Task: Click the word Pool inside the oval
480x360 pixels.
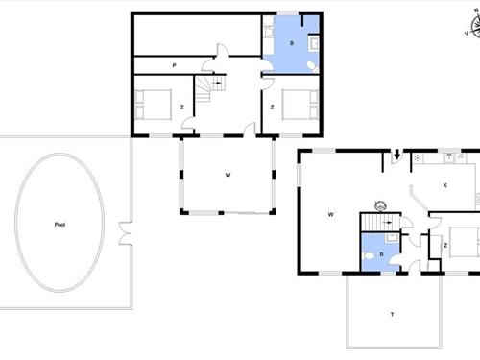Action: point(60,225)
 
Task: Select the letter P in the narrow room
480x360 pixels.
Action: point(174,65)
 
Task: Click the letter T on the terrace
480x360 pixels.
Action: point(392,315)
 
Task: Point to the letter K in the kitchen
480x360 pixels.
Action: point(444,185)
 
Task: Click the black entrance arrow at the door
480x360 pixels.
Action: point(396,155)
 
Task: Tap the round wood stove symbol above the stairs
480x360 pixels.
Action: point(380,205)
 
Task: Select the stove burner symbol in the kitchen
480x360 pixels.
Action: point(418,157)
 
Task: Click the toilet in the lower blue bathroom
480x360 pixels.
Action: point(369,256)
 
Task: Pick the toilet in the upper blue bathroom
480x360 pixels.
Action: point(312,66)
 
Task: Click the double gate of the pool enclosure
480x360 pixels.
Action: point(126,233)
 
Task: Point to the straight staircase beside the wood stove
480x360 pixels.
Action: point(380,222)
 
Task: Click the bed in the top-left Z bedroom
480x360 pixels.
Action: point(154,105)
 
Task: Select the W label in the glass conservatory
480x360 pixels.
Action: point(228,175)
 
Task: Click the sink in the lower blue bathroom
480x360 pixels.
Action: point(392,238)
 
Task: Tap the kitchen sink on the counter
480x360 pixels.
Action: point(449,157)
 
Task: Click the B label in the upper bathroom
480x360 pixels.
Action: point(292,43)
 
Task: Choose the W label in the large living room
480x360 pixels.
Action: point(331,214)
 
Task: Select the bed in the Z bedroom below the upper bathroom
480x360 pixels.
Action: point(300,105)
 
